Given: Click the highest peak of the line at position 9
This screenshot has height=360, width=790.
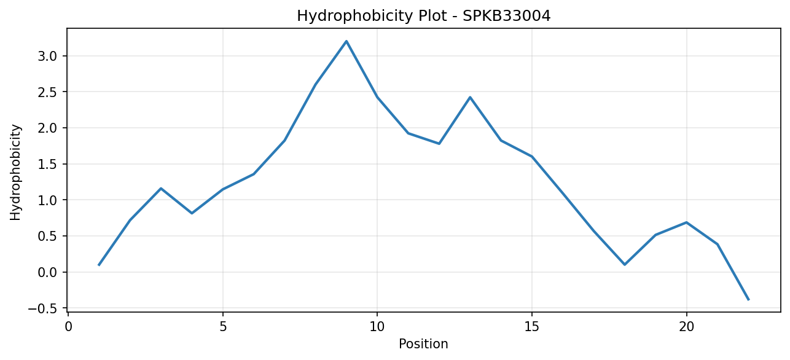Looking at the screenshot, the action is click(x=346, y=41).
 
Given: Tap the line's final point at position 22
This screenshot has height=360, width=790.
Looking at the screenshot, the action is click(x=748, y=300).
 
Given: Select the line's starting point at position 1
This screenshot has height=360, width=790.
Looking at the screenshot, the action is click(x=99, y=265).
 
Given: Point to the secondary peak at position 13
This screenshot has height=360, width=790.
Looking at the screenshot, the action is click(x=470, y=97).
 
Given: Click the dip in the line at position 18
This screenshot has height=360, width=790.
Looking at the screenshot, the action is click(x=625, y=264).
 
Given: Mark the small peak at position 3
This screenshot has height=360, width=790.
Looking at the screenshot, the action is click(x=161, y=188).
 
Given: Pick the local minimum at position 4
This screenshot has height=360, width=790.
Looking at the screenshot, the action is click(x=192, y=213).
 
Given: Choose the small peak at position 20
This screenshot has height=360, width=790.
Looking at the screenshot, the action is click(x=686, y=222).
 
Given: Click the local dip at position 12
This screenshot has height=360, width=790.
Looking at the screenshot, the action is click(x=439, y=144).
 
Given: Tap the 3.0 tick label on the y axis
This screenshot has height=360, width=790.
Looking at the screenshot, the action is click(x=48, y=56).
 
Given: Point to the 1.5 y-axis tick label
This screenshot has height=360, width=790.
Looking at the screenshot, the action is click(x=48, y=164).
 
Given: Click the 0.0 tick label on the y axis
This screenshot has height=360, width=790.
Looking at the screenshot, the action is click(x=48, y=272).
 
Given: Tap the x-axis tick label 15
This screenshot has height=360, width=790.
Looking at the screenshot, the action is click(x=532, y=327).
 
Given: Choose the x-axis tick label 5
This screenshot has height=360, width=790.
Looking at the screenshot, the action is click(x=223, y=327).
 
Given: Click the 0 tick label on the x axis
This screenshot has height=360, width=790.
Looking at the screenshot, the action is click(x=68, y=327).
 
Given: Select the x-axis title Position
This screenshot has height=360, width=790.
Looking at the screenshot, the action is click(x=423, y=344).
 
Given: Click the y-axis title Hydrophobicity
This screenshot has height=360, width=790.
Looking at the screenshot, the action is click(x=15, y=173).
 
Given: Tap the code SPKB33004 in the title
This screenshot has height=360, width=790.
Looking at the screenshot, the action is click(x=506, y=16).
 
